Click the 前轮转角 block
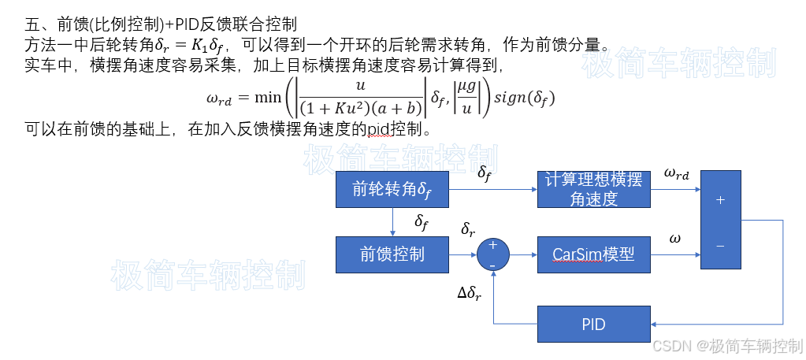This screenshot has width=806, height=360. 392,189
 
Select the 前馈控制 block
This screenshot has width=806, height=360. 392,254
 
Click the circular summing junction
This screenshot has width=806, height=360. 493,254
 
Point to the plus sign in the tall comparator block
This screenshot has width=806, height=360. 720,200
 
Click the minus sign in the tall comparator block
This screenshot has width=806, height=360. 720,247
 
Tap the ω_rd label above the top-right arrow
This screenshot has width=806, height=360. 676,173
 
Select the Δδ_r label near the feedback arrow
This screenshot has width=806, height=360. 470,293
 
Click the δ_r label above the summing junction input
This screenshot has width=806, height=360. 468,230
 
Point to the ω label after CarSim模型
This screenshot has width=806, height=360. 674,237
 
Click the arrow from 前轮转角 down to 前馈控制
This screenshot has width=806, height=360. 392,222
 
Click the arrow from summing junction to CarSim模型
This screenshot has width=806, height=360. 524,254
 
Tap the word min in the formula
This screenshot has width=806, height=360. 268,98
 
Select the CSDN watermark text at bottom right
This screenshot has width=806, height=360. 726,346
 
